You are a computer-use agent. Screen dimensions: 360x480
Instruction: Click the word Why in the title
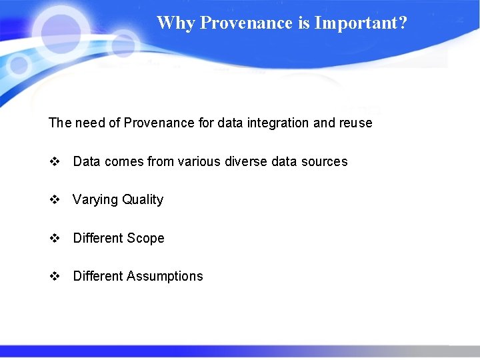pos(176,23)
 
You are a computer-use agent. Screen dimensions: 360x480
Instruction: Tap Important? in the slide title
pos(361,23)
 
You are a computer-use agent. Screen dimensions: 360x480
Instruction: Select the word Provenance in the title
pos(247,23)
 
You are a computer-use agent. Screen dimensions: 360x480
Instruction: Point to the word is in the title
pos(304,23)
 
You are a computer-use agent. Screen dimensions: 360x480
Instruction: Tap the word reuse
pos(354,123)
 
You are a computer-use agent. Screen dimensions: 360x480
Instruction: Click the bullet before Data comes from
pos(55,161)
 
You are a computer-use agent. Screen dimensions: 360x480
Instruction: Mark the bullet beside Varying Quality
pos(55,199)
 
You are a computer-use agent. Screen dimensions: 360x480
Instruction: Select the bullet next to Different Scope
pos(55,238)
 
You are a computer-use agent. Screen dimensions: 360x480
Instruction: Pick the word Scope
pos(146,238)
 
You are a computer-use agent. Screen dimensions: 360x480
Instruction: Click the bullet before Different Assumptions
pos(55,276)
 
